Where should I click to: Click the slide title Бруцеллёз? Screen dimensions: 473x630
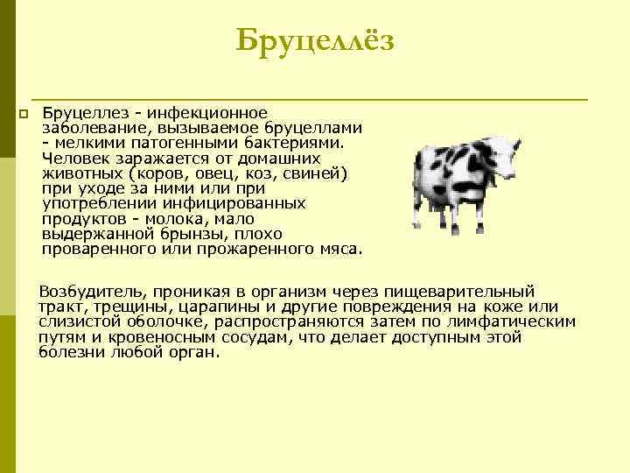pyautogui.click(x=315, y=40)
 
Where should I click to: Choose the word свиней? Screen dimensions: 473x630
pyautogui.click(x=317, y=173)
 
